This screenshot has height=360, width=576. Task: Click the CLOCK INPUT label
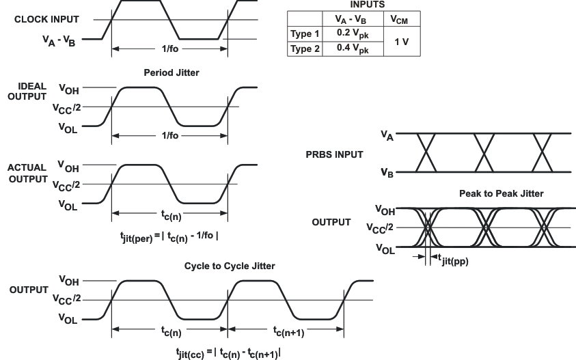46,19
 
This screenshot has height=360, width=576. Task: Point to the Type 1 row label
305,33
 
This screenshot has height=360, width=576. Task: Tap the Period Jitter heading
171,72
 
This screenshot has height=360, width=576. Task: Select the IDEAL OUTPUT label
27,92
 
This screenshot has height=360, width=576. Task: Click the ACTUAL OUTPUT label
27,172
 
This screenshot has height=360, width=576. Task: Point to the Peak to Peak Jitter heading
502,194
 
